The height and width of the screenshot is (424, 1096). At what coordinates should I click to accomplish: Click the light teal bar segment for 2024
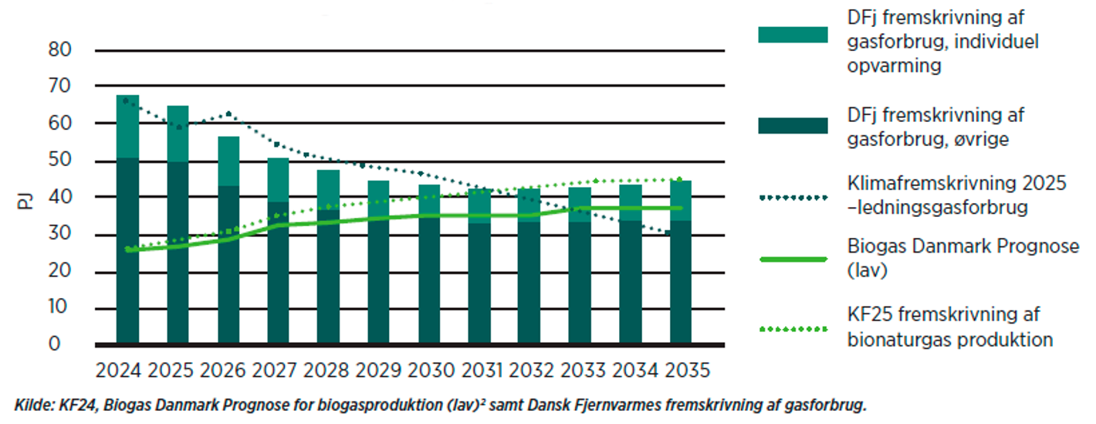point(127,126)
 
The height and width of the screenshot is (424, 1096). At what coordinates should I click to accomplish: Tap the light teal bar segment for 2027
point(279,179)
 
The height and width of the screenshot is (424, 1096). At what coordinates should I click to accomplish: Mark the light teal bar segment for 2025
point(178,133)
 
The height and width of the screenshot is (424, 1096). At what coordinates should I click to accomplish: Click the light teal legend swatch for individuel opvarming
point(793,35)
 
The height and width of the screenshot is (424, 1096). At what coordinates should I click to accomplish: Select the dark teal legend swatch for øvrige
point(793,125)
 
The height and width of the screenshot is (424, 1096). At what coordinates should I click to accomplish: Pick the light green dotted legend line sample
point(793,327)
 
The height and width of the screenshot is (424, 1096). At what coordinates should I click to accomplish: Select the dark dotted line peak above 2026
point(228,114)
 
